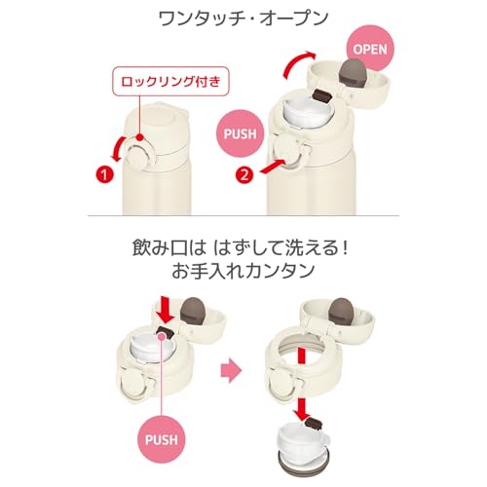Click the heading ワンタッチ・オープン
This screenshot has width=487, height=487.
(243, 19)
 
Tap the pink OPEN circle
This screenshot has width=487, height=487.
(370, 49)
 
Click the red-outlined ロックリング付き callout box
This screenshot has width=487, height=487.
(170, 81)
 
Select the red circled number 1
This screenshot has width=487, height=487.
(104, 175)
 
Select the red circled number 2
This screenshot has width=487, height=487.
(244, 175)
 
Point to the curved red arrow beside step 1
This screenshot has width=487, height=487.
(117, 149)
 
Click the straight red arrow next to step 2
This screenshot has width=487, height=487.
(273, 166)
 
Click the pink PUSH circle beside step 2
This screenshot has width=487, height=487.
(241, 133)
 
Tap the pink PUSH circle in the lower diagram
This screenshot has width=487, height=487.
(161, 439)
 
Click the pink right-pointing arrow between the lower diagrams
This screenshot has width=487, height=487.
(231, 370)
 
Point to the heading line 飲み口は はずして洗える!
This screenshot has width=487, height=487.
(241, 248)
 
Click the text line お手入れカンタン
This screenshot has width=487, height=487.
(243, 271)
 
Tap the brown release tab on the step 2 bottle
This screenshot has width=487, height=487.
(322, 96)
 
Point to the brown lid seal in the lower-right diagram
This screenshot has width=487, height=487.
(340, 311)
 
